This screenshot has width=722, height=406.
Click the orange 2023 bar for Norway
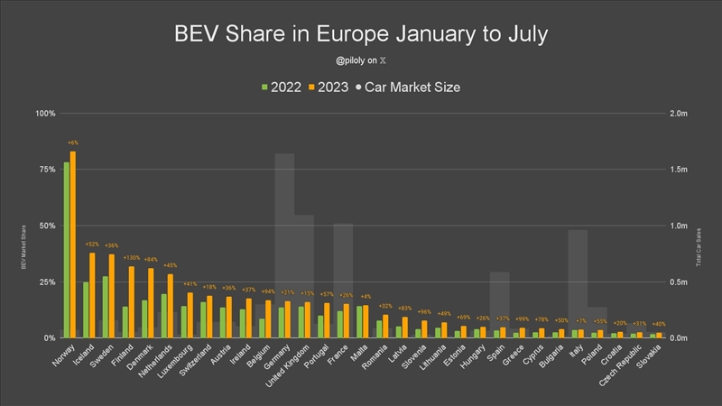pos(73,244)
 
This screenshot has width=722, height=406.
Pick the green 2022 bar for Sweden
pos(105,307)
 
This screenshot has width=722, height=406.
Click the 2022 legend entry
pos(281,88)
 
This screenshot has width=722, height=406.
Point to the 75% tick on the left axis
pos(45,170)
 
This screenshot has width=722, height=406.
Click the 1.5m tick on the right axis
pos(677,170)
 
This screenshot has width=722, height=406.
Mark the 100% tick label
pos(44,114)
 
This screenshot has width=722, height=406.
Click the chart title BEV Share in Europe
pos(361,35)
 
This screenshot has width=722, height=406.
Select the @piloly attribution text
pos(360,61)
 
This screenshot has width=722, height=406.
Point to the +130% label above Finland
pos(132,258)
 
